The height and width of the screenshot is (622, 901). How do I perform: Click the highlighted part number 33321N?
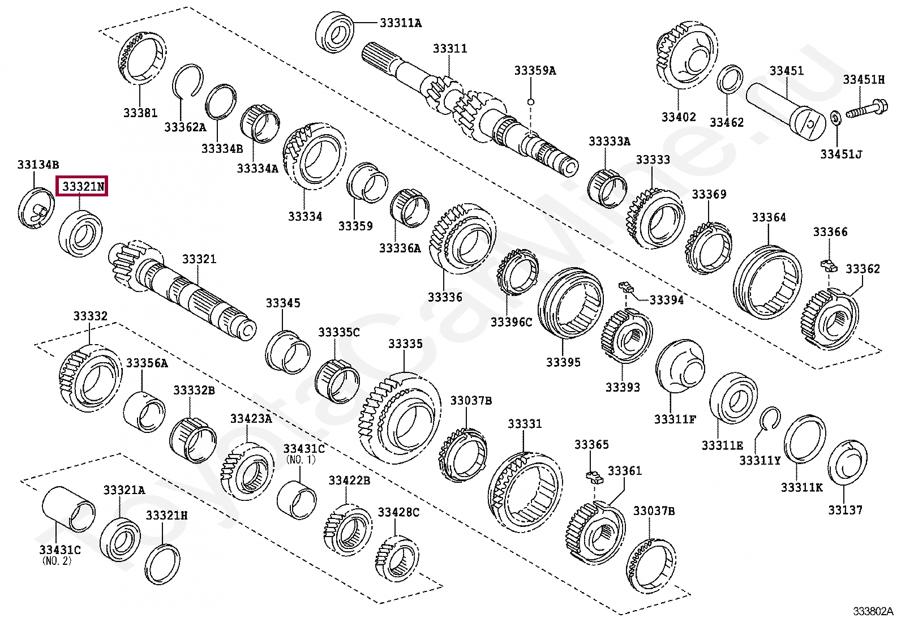tap(83, 186)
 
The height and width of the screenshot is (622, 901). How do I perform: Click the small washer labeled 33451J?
tap(835, 119)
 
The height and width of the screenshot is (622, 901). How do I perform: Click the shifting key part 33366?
tap(827, 264)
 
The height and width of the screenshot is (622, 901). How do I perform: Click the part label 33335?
tap(405, 344)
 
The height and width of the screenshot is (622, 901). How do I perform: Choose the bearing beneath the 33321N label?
tap(81, 231)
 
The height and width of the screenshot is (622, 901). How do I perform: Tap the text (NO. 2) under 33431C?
tap(57, 561)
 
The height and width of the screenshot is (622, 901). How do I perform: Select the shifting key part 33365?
tap(594, 477)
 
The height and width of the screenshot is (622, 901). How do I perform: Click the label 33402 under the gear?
tap(679, 117)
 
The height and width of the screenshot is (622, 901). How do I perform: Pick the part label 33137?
tap(845, 510)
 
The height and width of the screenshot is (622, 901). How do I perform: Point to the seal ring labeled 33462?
tap(730, 80)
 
